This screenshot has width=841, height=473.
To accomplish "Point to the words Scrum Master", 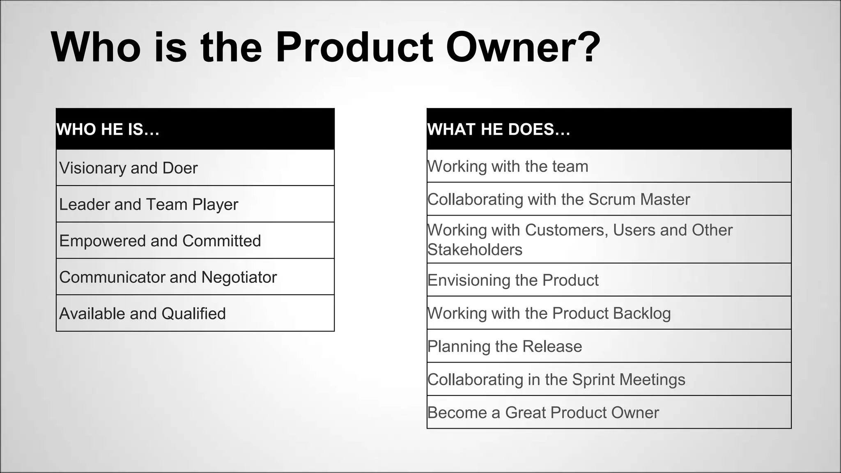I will pos(639,200).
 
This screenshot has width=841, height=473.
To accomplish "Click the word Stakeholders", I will pos(475,250).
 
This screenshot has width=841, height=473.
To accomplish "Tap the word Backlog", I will pos(641,313).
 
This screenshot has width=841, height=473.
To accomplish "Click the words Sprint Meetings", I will pos(628,379).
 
